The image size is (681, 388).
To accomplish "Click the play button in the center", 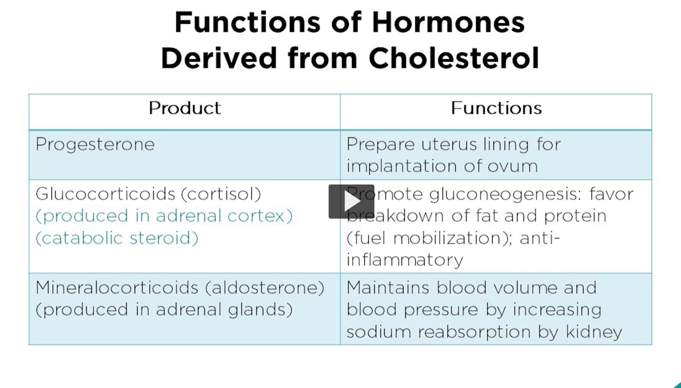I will (351, 201).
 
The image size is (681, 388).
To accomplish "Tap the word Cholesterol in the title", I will (453, 58).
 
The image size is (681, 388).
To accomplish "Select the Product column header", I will (184, 108).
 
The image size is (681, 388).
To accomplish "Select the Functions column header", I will (496, 108).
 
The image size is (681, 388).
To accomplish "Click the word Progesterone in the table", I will (95, 144).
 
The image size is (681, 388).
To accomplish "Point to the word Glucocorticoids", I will (105, 194).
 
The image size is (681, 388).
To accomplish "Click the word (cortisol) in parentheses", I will (221, 194).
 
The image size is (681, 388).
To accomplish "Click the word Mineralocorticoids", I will (117, 288).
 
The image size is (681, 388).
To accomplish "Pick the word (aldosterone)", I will (265, 288).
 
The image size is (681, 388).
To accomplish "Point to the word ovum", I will (513, 166).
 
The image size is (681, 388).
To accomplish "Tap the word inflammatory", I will (405, 260).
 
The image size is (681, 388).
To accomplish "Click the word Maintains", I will (388, 288).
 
